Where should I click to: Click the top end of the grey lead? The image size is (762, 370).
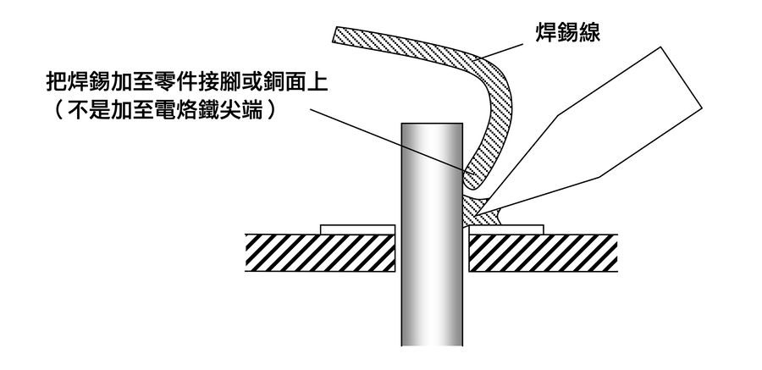pos(432,127)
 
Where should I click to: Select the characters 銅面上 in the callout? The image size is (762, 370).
pos(297,83)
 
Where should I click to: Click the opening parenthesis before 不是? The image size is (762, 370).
pos(56,110)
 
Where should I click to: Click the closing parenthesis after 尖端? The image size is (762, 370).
pos(271,110)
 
